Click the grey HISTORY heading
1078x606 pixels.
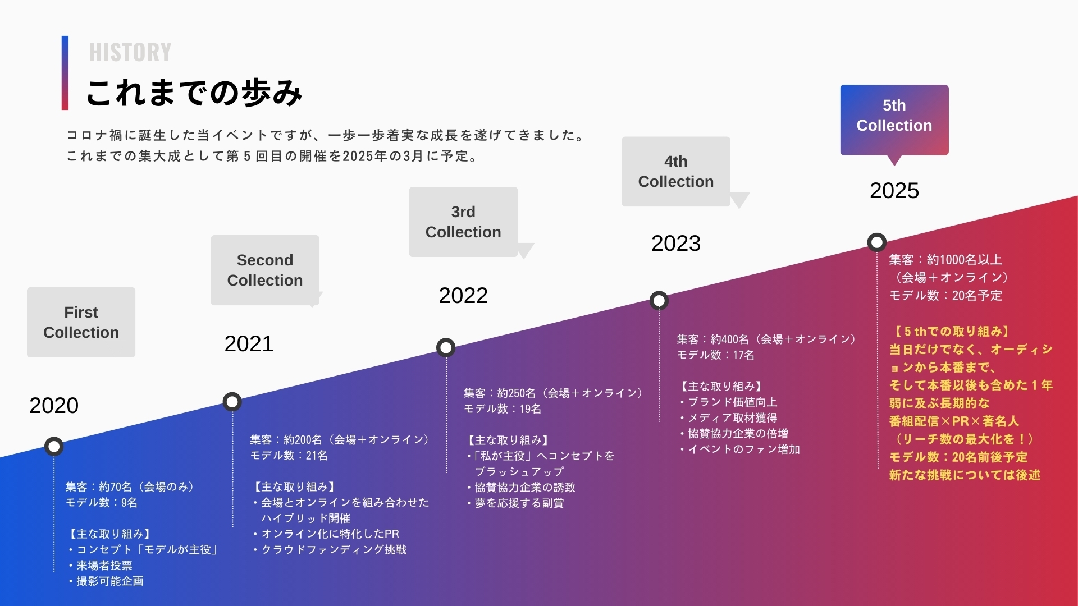click(x=130, y=52)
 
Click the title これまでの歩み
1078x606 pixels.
click(x=194, y=93)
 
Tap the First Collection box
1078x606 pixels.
click(x=81, y=322)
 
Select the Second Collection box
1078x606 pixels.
click(x=265, y=270)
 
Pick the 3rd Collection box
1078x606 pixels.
click(x=463, y=222)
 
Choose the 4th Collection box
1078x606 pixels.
click(x=676, y=171)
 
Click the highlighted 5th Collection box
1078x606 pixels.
click(x=894, y=120)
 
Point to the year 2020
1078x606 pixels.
click(x=54, y=405)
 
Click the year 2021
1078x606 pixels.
click(x=249, y=343)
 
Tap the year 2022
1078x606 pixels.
click(x=463, y=295)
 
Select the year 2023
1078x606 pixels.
click(x=676, y=243)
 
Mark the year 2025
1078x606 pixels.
click(x=894, y=190)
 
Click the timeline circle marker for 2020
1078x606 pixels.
click(x=54, y=447)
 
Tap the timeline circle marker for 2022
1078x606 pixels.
click(x=446, y=348)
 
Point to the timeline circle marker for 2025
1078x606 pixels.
click(x=877, y=242)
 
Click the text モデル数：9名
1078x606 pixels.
click(x=102, y=503)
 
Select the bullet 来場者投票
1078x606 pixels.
click(x=101, y=566)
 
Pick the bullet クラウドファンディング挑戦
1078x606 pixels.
click(x=330, y=550)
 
